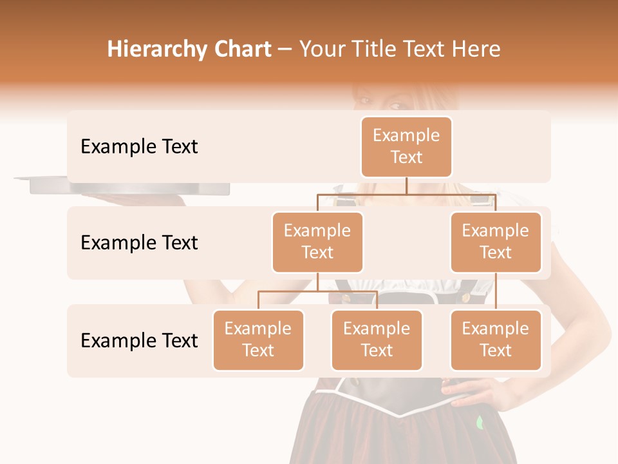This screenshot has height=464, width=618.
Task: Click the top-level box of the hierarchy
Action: coord(406,146)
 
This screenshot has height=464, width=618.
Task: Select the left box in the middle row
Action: coord(317,242)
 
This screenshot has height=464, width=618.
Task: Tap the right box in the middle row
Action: coord(495,242)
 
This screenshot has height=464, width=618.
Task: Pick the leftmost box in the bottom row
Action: coord(258,340)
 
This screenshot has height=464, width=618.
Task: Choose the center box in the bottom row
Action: coord(377,340)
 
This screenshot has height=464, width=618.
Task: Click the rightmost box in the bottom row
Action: coord(495,340)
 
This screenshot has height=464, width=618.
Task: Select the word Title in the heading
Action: coord(371,49)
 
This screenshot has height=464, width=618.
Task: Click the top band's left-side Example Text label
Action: coord(139,146)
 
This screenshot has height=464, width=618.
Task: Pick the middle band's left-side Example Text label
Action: coord(139,242)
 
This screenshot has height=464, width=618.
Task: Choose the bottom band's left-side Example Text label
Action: coord(139,340)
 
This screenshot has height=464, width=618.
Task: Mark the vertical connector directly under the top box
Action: coord(406,186)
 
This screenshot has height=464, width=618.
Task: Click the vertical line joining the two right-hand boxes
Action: coord(496,291)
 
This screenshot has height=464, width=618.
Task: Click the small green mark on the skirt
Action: coord(479,423)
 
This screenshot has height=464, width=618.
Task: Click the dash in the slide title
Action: coord(285,50)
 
